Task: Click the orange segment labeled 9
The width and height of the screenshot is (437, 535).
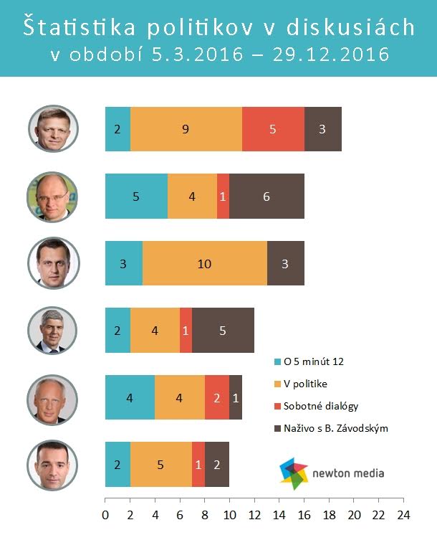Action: click(x=186, y=129)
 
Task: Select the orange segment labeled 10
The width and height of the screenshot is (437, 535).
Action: click(x=204, y=263)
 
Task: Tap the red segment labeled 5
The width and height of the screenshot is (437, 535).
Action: click(x=273, y=129)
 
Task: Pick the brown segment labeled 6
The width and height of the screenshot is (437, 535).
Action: click(x=266, y=196)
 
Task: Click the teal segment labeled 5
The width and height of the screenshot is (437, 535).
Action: click(x=136, y=196)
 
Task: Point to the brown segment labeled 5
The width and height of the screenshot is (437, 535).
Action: click(x=223, y=330)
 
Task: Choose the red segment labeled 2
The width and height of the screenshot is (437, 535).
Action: click(x=217, y=397)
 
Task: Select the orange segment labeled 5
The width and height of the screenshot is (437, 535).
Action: click(x=160, y=464)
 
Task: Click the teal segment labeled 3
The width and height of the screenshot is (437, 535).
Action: click(x=123, y=263)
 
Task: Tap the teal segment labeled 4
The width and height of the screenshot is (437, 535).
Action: click(x=130, y=397)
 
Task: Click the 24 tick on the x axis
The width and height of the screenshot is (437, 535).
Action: click(x=403, y=514)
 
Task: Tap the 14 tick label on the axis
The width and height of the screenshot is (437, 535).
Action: click(x=279, y=514)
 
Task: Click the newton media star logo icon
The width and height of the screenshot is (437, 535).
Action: click(x=294, y=472)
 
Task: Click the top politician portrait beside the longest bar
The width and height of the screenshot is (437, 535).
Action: click(x=53, y=128)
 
